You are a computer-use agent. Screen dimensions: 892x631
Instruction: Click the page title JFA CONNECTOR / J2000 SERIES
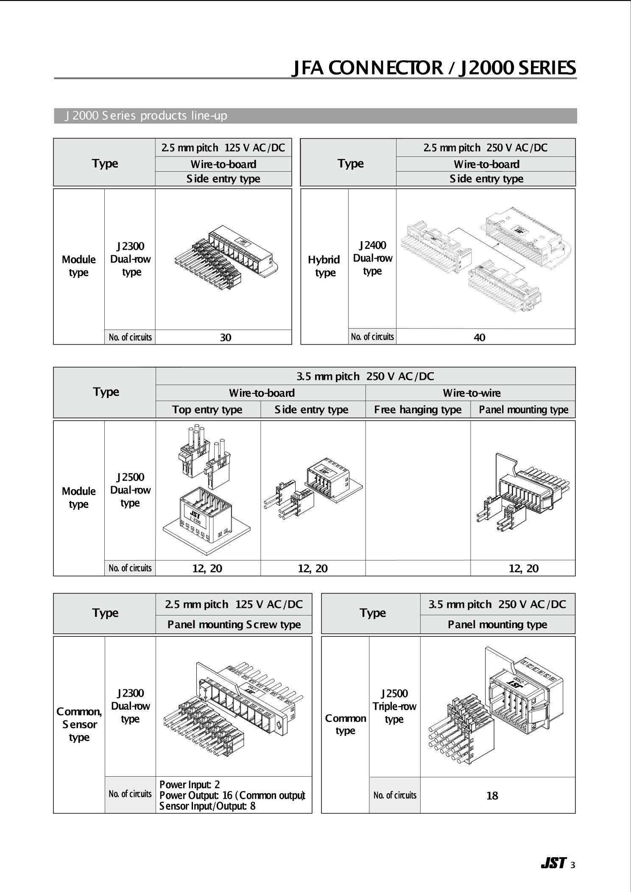pos(433,68)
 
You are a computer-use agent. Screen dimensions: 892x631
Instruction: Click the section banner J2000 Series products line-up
pos(146,116)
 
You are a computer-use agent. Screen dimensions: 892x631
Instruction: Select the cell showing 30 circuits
pos(225,337)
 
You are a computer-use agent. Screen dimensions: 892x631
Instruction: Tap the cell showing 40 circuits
pos(479,337)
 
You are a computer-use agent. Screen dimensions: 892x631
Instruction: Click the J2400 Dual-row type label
pos(372,258)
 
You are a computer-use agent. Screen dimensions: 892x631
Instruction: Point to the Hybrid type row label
pos(324,266)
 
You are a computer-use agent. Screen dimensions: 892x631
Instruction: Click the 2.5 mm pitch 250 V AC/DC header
pos(486,148)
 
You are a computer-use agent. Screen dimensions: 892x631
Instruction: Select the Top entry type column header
pos(207,410)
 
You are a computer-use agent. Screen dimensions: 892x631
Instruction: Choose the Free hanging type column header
pos(418,410)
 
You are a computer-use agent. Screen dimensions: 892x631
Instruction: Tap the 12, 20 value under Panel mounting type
pos(523,569)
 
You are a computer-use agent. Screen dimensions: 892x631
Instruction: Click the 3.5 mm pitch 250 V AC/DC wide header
pos(365,376)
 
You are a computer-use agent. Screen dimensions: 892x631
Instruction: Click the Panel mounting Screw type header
pos(234,624)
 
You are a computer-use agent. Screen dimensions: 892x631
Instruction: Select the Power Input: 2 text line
pos(190,784)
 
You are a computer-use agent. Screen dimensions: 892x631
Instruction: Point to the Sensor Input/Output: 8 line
pos(207,806)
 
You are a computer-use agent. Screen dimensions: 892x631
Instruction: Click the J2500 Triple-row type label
pos(394,706)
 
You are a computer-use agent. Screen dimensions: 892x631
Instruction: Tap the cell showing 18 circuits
pos(492,796)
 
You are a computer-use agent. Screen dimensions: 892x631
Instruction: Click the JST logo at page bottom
pos(553,863)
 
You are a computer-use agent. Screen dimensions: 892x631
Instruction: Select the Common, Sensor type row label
pos(79,724)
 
